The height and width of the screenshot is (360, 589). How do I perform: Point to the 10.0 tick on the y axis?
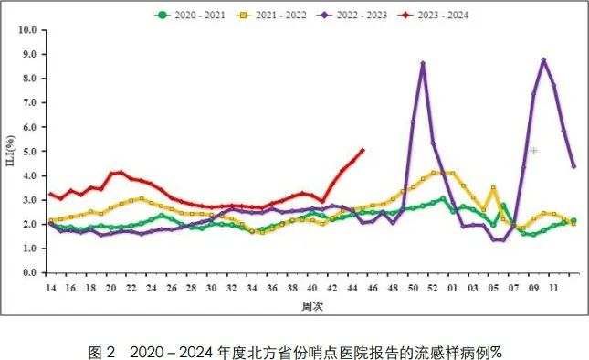click(x=27, y=29)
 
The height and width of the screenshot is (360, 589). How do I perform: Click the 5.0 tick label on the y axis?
click(x=29, y=151)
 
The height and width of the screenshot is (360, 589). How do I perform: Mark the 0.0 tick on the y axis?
click(x=29, y=272)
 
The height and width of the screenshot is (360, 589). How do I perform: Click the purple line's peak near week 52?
click(x=423, y=63)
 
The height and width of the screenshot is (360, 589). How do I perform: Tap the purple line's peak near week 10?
click(x=543, y=60)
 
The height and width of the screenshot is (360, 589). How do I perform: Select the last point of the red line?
click(x=363, y=150)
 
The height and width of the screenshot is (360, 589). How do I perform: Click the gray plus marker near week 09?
click(x=533, y=150)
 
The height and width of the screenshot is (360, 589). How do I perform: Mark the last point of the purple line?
click(x=573, y=166)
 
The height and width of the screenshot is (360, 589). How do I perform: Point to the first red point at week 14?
click(x=50, y=194)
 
